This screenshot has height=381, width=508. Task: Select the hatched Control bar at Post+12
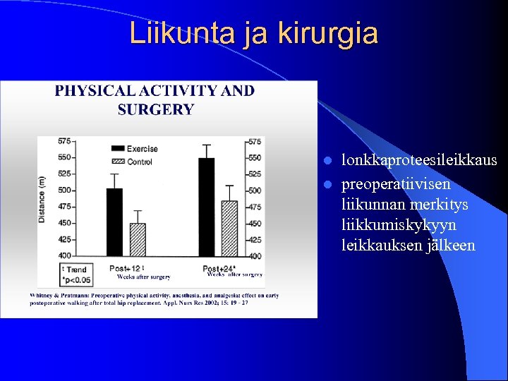coord(138,239)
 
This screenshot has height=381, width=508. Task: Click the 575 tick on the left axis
coord(64,141)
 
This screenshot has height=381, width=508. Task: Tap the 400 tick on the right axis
coord(255,255)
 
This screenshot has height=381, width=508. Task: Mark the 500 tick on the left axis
coord(64,190)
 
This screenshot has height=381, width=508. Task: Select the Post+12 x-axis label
coord(125,268)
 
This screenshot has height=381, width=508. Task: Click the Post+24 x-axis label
coord(218,268)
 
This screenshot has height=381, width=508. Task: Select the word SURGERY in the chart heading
coord(155,109)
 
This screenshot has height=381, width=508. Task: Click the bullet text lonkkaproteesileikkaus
coord(419,161)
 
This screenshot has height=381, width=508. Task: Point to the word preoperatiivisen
coord(397,184)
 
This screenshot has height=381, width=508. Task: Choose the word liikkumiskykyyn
coord(399,224)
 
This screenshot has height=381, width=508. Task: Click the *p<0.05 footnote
coord(77,279)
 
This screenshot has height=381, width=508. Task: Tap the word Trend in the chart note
coord(77,270)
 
